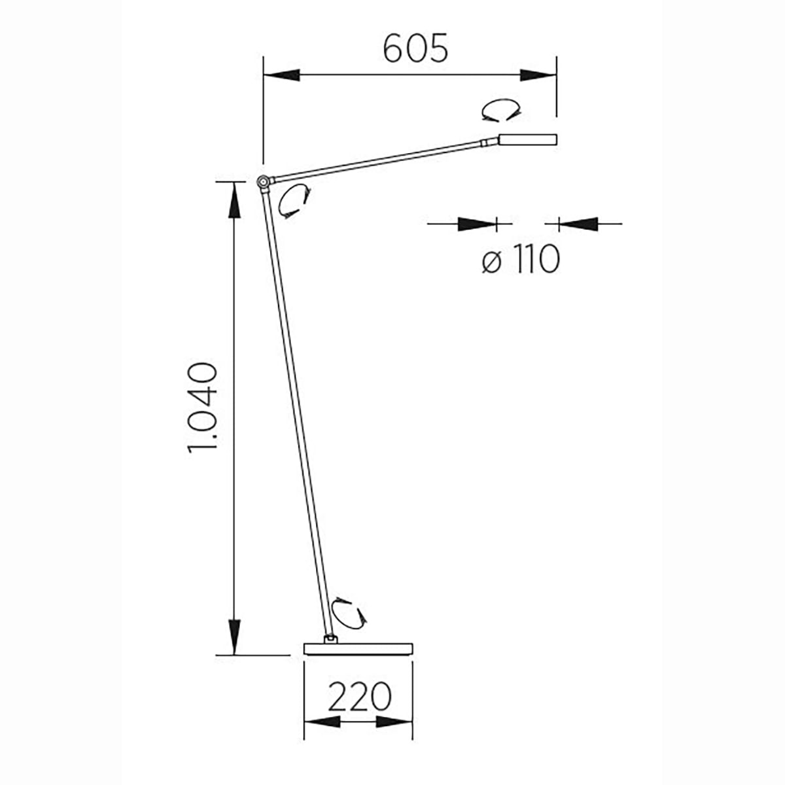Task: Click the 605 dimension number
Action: tap(415, 48)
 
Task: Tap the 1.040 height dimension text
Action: tap(202, 408)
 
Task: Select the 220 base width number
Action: tap(359, 697)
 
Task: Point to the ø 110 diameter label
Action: tap(521, 259)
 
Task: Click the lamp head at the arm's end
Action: tap(527, 139)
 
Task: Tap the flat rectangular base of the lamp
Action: tap(358, 649)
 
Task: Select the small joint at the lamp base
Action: tap(330, 639)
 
